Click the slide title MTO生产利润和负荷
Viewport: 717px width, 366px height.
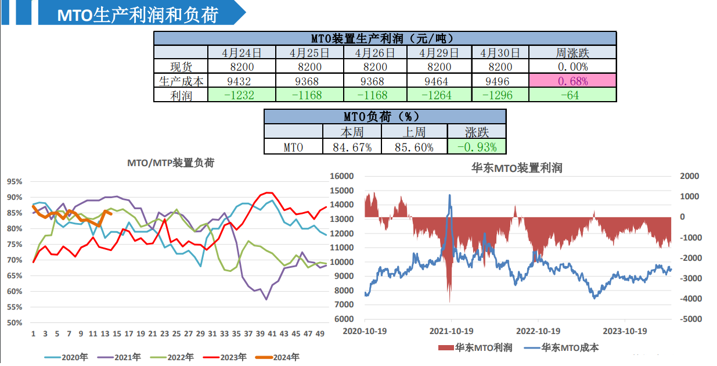(138, 15)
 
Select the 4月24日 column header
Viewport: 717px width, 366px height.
(241, 53)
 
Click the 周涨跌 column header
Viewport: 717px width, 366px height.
(572, 53)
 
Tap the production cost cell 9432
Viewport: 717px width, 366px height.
(241, 81)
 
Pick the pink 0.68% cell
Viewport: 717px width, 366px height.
(572, 81)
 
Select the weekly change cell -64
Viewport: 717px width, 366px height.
(572, 95)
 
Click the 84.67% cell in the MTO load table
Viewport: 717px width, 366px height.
(352, 147)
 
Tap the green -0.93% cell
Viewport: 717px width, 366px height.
(476, 147)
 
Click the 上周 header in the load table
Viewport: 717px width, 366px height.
(414, 132)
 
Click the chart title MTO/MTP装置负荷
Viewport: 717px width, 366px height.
(171, 163)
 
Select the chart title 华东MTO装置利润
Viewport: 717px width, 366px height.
(516, 168)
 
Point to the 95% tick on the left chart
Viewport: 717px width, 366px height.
(15, 181)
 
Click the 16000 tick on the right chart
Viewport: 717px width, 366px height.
(342, 176)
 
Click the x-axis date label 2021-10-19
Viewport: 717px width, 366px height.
(451, 331)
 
